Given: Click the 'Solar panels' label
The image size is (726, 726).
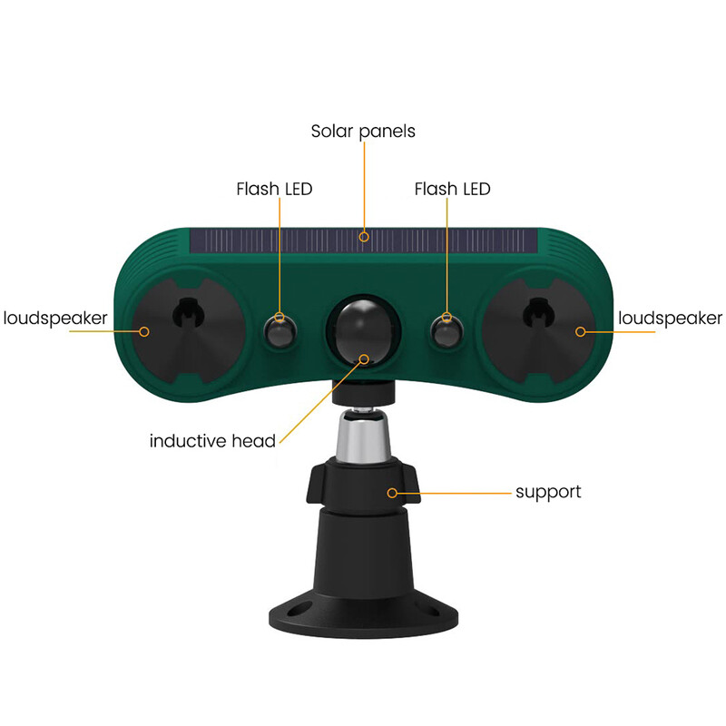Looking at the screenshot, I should pos(363,131).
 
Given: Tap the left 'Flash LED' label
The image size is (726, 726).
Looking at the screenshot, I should pos(274,189).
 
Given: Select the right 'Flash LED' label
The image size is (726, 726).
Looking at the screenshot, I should pos(452,189).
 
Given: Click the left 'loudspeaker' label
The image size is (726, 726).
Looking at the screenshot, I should pos(55,318).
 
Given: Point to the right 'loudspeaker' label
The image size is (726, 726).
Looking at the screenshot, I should pos(670,318).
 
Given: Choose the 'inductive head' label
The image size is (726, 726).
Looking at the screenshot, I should pos(212,442).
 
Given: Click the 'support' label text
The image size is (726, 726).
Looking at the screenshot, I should pos(548,492).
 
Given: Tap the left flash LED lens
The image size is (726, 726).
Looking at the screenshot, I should pos(279,331).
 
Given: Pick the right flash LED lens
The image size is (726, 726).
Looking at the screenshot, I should pos(446,331).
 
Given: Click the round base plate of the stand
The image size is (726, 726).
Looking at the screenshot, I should pos(363,617).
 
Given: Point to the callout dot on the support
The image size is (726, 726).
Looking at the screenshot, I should pos(393,493).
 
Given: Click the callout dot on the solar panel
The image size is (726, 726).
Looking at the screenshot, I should pos(364,238).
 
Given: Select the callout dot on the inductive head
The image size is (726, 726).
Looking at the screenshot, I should pos(365,358).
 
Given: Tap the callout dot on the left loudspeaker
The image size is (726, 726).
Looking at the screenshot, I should pos(144,331).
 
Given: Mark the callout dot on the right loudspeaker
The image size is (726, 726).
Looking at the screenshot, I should pos(581,331).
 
